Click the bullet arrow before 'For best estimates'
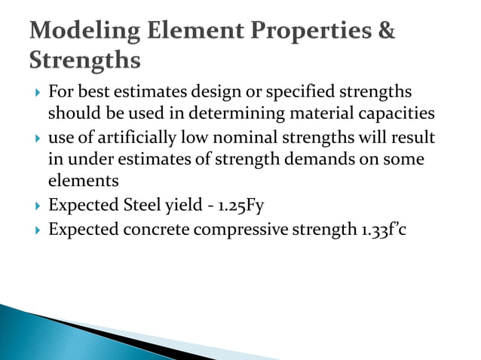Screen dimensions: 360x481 click(x=36, y=93)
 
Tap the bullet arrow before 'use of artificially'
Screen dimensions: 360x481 click(x=36, y=140)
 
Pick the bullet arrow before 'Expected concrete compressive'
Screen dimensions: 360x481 click(x=36, y=230)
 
